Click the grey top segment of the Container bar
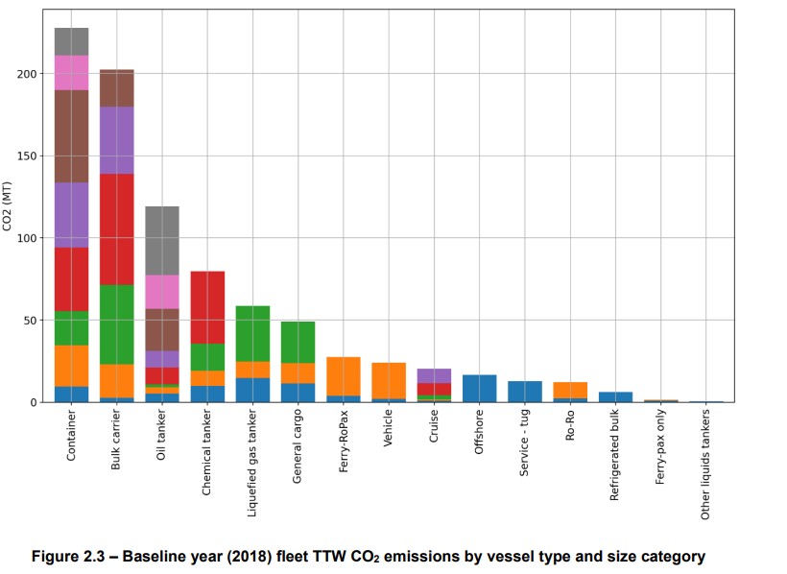tap(71, 41)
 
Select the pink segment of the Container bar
tap(71, 72)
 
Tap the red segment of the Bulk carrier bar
tap(116, 229)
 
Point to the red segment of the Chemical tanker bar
tap(207, 307)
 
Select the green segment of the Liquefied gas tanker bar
tap(252, 333)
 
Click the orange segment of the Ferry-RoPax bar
tap(344, 376)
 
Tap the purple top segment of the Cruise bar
tap(434, 375)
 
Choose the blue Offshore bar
tap(479, 388)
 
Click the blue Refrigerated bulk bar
tap(615, 396)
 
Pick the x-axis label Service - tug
tap(524, 449)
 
